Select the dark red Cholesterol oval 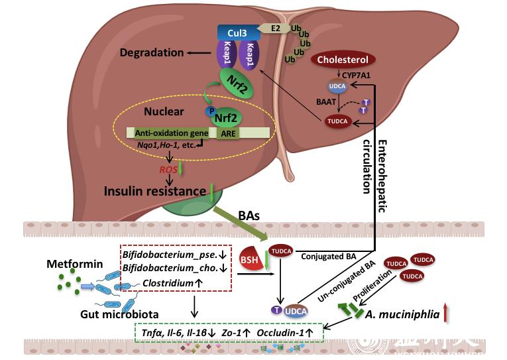point(343,60)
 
